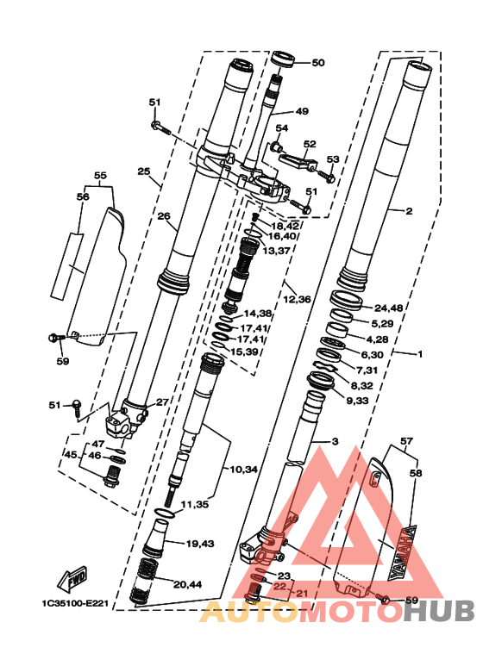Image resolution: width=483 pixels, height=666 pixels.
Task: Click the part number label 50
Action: [318, 62]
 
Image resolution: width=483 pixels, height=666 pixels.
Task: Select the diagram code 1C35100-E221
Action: [75, 603]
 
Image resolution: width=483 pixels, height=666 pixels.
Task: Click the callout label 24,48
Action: [389, 308]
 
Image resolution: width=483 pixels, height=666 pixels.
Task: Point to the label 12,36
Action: [297, 299]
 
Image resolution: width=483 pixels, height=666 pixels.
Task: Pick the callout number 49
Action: [302, 111]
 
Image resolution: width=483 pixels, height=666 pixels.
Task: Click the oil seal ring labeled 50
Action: [282, 59]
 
